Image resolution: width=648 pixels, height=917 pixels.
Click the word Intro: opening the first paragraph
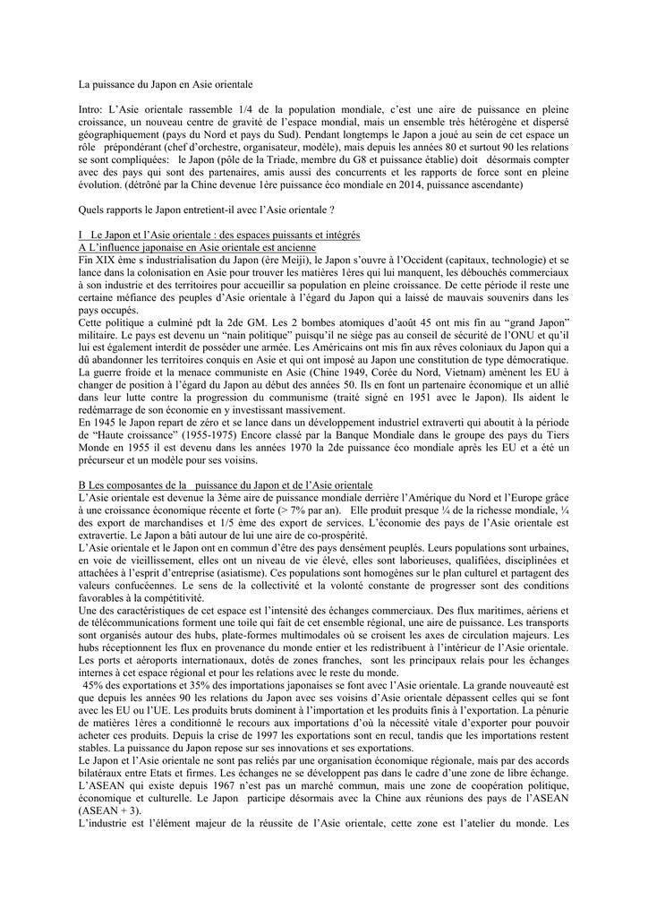[92, 108]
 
